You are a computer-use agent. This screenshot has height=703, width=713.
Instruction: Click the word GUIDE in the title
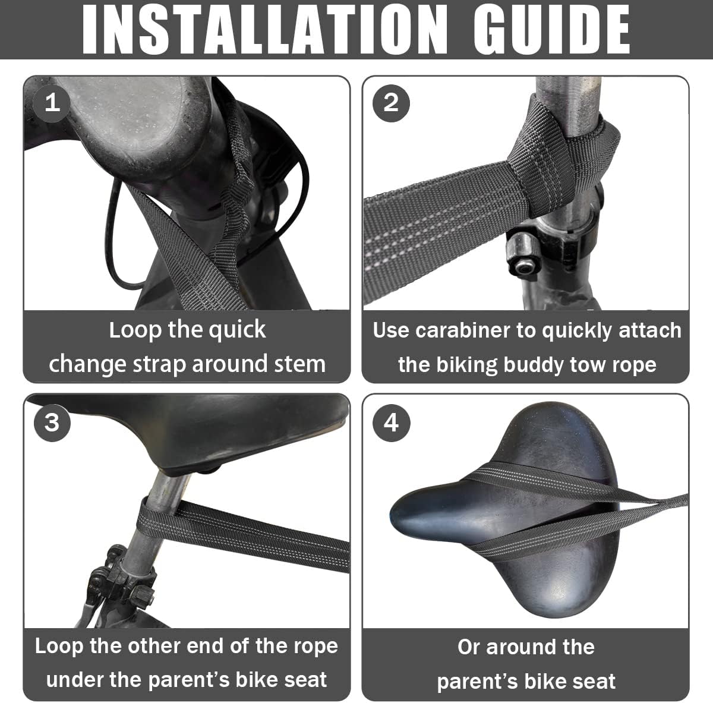(x=551, y=29)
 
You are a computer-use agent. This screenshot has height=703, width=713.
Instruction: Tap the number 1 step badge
(x=52, y=103)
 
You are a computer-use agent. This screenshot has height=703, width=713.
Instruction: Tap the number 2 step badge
(x=391, y=103)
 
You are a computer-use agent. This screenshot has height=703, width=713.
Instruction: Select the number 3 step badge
(x=52, y=423)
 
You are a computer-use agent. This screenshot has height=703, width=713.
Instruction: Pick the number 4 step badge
(x=391, y=423)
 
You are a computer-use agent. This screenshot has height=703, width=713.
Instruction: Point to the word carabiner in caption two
(x=462, y=330)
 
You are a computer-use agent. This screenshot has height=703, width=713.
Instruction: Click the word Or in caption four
(x=469, y=647)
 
